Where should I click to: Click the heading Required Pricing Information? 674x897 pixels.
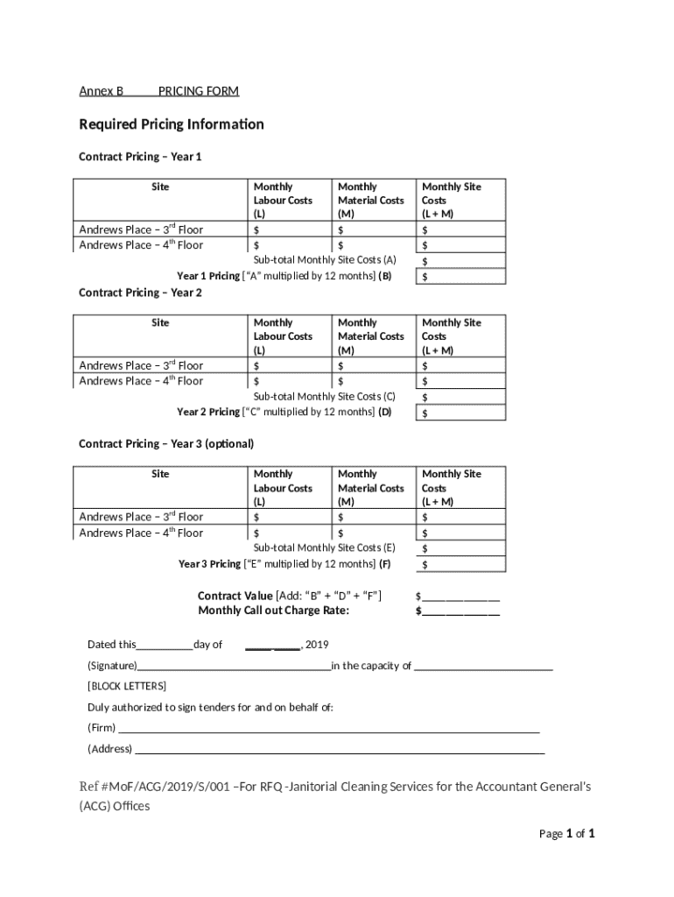coord(172,124)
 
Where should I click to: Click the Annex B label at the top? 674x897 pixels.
coord(102,91)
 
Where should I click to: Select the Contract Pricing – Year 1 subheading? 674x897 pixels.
coord(140,157)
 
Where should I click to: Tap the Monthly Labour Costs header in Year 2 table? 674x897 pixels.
coord(283,336)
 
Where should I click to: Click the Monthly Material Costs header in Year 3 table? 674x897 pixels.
coord(370,488)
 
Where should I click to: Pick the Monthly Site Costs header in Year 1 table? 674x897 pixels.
coord(452,200)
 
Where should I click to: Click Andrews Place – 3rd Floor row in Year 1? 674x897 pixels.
coord(141,230)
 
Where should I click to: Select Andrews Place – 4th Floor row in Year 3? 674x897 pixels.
coord(141,533)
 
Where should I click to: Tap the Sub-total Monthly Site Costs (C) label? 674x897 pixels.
coord(325,396)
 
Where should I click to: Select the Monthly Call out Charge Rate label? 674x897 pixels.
coord(273,611)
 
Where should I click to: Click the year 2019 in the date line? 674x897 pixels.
coord(316,646)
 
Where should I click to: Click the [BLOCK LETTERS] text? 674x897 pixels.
coord(126,686)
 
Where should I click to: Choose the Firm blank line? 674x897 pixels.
coord(328,728)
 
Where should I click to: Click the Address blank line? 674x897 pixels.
coord(339,749)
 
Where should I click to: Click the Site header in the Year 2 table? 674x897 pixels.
coord(160,323)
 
